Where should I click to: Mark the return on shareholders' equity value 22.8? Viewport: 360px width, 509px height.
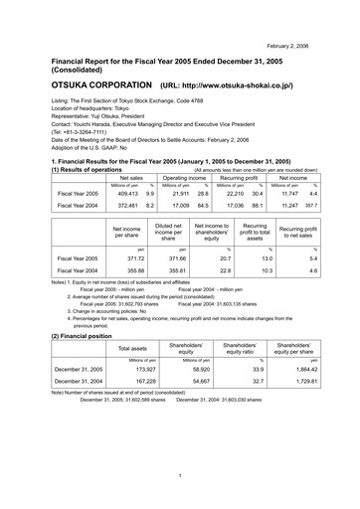point(221,270)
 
